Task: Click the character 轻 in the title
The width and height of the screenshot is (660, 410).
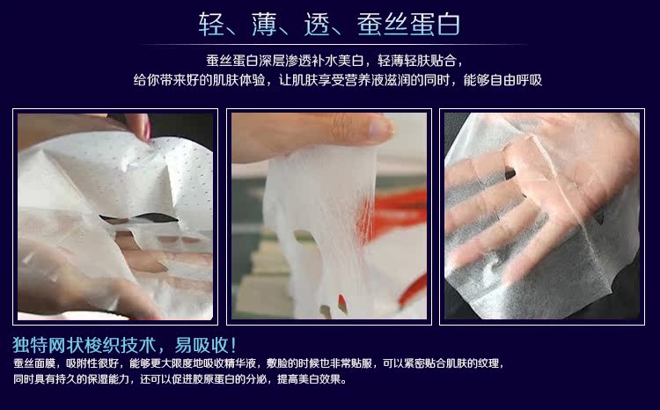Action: pyautogui.click(x=210, y=24)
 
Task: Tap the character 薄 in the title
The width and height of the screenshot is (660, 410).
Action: pyautogui.click(x=263, y=24)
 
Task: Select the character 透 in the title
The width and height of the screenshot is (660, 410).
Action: pyautogui.click(x=317, y=24)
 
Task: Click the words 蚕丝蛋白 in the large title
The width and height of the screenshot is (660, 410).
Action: pyautogui.click(x=407, y=24)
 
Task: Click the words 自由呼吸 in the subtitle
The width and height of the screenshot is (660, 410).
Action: pyautogui.click(x=516, y=80)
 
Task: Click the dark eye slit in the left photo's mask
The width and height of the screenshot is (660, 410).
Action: pyautogui.click(x=139, y=218)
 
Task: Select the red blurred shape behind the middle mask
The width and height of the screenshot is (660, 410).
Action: pyautogui.click(x=392, y=215)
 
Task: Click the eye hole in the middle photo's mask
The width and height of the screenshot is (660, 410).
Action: pyautogui.click(x=306, y=238)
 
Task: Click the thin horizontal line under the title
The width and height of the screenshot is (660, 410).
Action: pyautogui.click(x=334, y=44)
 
